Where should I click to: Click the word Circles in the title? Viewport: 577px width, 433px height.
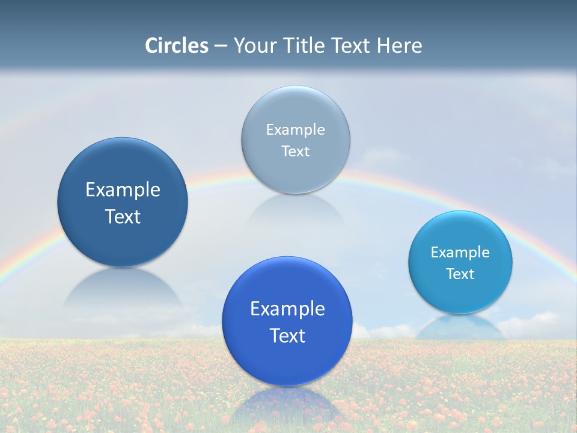click(176, 46)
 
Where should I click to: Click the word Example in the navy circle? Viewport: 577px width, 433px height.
click(123, 190)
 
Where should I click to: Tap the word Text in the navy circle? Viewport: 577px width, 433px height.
click(123, 216)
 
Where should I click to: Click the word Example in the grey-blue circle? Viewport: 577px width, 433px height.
click(296, 129)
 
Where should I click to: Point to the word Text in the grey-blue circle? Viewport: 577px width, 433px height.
click(296, 151)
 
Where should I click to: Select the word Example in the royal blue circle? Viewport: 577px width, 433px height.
click(287, 309)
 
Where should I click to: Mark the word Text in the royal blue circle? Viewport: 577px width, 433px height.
click(287, 336)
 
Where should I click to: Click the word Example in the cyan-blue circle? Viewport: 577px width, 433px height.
click(460, 252)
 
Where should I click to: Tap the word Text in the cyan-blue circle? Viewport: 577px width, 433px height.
click(460, 274)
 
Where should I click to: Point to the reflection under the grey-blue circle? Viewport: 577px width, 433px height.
click(296, 210)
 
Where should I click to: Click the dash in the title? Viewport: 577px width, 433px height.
click(221, 46)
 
